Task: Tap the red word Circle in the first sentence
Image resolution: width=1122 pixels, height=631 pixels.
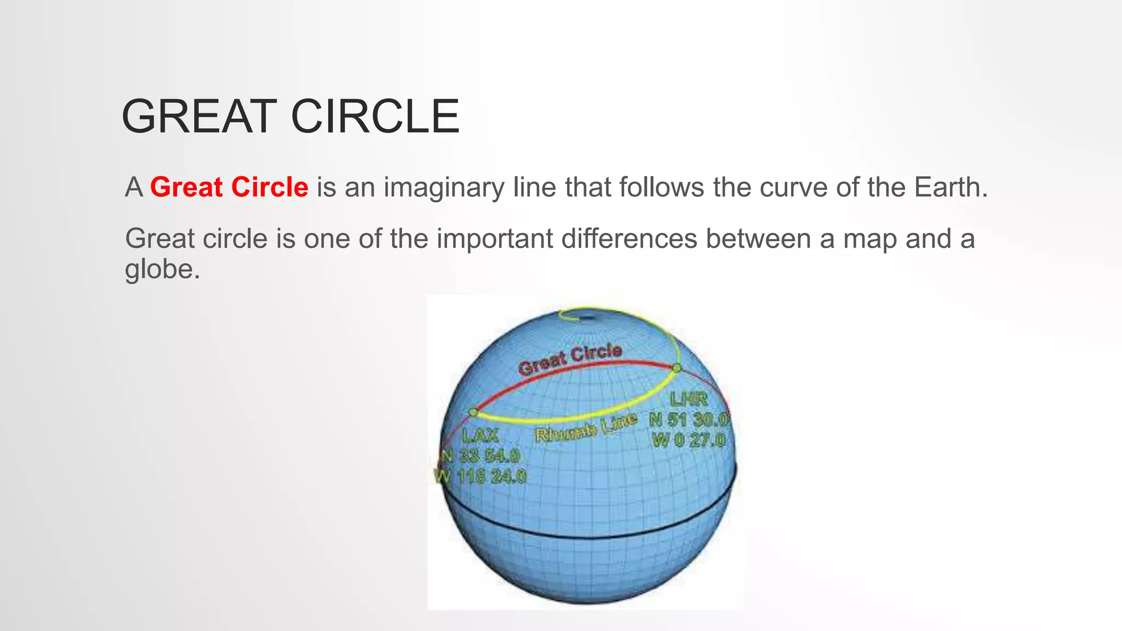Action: coord(270,187)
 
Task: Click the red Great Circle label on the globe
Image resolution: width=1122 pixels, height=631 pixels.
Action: coord(570,359)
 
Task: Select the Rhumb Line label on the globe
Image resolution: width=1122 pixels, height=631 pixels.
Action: coord(586,428)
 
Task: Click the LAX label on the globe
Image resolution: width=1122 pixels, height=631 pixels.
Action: coord(480,436)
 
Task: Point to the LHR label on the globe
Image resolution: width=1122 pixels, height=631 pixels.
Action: coord(689,399)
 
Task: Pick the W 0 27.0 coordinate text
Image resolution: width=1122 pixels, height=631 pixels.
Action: coord(689,440)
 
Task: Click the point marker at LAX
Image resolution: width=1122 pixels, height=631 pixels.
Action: coord(473,412)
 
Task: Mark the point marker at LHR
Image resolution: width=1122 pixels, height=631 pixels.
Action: coord(677,368)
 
